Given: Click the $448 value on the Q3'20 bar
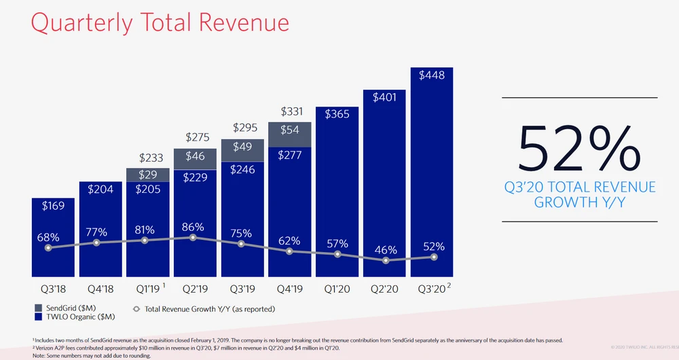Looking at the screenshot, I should tap(432, 75).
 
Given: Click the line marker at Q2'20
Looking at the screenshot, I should tap(386, 260).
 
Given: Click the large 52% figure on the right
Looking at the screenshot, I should tap(579, 148).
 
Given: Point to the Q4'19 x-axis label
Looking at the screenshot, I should tap(290, 289).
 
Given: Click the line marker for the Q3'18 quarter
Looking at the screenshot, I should tap(48, 248).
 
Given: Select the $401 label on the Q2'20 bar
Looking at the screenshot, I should tap(386, 97).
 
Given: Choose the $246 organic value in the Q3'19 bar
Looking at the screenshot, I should tap(242, 170).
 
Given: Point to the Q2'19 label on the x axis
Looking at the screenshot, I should tap(194, 289).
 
